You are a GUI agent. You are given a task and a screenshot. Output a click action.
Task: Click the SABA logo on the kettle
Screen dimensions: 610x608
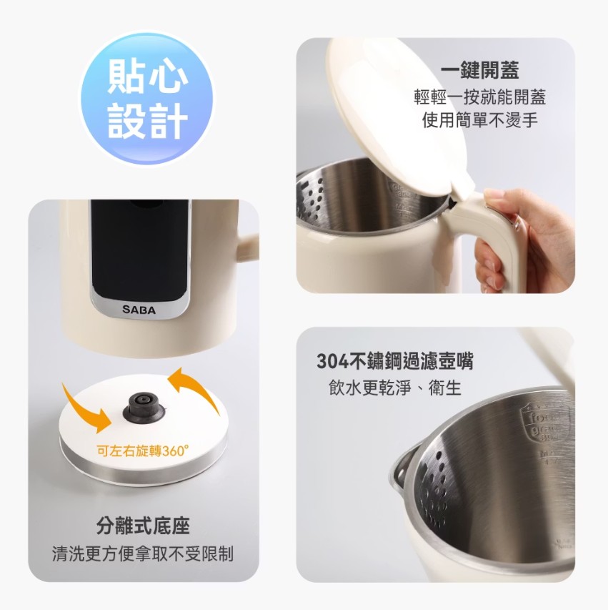point(139,310)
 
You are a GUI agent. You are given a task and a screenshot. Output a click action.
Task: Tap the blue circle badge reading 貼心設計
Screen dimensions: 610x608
point(146,99)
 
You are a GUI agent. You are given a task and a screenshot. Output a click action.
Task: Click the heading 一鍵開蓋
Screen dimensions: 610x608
point(479,70)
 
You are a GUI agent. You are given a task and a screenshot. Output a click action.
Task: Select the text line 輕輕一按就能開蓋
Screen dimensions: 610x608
point(479,96)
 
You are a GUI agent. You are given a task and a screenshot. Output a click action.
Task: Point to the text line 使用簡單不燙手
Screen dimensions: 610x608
point(479,119)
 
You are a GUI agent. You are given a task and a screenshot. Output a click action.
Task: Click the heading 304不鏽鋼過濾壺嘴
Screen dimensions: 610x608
point(394,362)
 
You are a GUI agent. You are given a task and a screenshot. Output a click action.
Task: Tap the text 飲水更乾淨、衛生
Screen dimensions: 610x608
point(394,388)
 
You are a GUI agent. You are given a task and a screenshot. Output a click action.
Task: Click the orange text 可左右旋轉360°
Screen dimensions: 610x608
point(143,451)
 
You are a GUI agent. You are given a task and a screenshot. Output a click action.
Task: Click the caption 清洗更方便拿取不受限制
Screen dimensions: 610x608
point(143,554)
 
